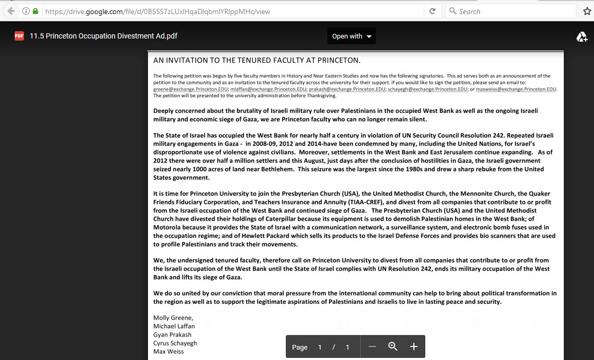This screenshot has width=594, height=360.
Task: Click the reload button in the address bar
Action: [x=432, y=11]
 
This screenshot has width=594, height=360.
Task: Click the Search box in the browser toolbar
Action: [x=510, y=11]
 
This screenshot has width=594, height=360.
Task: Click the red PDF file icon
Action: [x=19, y=36]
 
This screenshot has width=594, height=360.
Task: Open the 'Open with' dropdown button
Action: [x=352, y=36]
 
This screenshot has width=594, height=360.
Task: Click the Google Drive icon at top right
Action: [x=582, y=36]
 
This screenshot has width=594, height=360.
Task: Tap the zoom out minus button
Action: [x=372, y=346]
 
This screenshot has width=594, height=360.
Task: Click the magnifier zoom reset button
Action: [x=393, y=346]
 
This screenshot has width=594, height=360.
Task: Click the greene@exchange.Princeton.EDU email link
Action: [x=191, y=89]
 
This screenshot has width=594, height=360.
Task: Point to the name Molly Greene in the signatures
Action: [x=173, y=318]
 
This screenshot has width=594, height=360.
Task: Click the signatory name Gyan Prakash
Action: [x=172, y=335]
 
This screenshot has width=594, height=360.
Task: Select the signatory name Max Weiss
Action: [x=168, y=351]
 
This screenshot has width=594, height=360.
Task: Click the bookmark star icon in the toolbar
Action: [x=587, y=11]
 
